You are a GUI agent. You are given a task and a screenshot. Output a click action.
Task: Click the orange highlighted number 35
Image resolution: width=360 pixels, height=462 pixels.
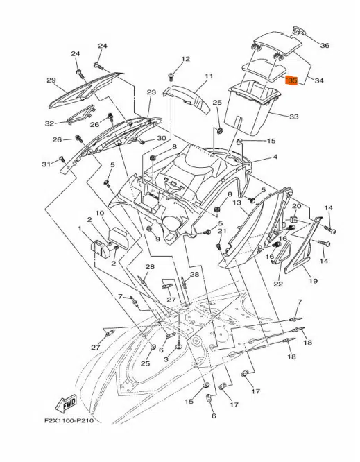click(293, 80)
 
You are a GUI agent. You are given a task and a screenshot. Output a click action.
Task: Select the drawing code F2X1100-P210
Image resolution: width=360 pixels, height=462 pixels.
click(69, 420)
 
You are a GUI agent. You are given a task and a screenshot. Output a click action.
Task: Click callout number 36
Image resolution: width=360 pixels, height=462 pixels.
click(325, 45)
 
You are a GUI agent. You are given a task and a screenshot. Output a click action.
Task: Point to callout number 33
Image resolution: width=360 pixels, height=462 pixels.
click(294, 117)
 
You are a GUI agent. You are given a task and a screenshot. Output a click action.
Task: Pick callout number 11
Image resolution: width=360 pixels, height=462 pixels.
click(209, 76)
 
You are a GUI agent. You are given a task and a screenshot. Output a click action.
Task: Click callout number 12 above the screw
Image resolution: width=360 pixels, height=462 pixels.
click(186, 59)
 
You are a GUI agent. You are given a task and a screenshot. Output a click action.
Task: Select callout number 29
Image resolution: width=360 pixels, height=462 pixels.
click(51, 80)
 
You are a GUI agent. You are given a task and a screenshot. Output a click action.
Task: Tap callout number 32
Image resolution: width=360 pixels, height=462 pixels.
click(49, 123)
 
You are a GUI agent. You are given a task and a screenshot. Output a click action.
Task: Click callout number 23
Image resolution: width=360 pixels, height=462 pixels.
click(151, 92)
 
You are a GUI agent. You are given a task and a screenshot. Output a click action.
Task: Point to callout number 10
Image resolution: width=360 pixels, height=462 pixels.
click(100, 213)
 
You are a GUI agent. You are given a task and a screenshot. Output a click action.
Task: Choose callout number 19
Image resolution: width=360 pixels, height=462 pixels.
click(313, 281)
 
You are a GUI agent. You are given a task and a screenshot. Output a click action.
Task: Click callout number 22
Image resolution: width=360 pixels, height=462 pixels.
click(278, 284)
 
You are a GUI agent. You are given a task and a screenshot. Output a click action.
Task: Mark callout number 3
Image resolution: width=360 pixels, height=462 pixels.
click(166, 359)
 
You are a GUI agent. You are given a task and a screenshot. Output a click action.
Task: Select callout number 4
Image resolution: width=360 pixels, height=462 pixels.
click(275, 157)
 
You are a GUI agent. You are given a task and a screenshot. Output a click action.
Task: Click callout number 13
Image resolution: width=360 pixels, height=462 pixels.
click(237, 203)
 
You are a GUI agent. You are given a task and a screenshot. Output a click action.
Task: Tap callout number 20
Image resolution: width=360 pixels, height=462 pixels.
click(296, 205)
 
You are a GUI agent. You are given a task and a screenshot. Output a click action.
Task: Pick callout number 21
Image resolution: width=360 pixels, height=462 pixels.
click(222, 231)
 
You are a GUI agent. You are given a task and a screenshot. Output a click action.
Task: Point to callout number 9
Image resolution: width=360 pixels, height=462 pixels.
click(157, 239)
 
